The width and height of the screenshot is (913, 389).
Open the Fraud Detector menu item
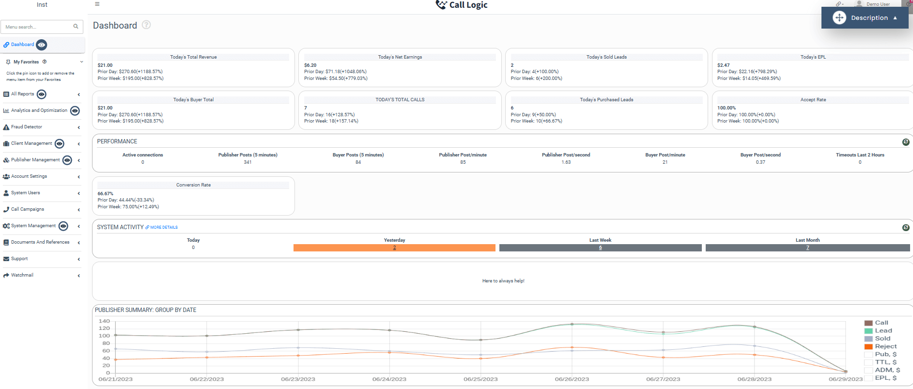pyautogui.click(x=27, y=127)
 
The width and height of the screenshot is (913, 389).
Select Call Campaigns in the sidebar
pyautogui.click(x=28, y=209)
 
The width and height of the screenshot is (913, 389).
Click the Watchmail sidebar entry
pyautogui.click(x=22, y=275)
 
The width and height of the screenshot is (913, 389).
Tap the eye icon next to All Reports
pyautogui.click(x=42, y=94)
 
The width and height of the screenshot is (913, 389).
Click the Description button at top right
pyautogui.click(x=865, y=18)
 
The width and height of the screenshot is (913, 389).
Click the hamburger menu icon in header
pyautogui.click(x=97, y=4)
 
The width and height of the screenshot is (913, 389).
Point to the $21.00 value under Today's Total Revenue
pyautogui.click(x=105, y=65)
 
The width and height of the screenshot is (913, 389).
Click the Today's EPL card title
pyautogui.click(x=813, y=57)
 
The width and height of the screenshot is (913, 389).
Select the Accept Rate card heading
pyautogui.click(x=813, y=100)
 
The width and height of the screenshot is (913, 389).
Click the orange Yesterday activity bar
pyautogui.click(x=394, y=248)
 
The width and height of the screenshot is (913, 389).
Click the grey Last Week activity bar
pyautogui.click(x=600, y=248)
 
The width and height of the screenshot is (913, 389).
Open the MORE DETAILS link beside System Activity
pyautogui.click(x=164, y=227)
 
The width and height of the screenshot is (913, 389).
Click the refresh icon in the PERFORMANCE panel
pyautogui.click(x=905, y=142)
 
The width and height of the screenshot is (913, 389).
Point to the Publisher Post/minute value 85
pyautogui.click(x=463, y=162)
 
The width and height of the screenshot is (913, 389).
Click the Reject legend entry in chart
pyautogui.click(x=885, y=346)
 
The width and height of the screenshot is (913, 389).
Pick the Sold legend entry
pyautogui.click(x=882, y=339)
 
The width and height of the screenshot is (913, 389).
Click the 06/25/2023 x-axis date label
pyautogui.click(x=480, y=379)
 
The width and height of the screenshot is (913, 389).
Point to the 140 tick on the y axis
pyautogui.click(x=104, y=321)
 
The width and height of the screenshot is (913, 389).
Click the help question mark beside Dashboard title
pyautogui.click(x=146, y=25)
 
